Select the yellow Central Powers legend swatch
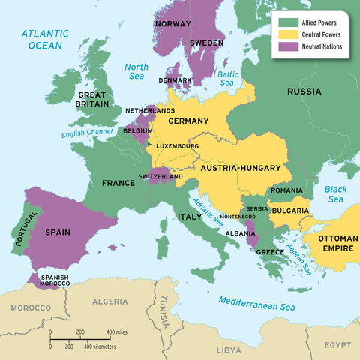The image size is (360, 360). coord(285,34)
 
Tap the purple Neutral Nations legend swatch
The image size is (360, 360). coord(285,46)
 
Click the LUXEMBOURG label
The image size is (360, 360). coord(177,145)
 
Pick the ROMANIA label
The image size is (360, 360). coord(287,191)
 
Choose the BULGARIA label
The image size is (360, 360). coord(291,211)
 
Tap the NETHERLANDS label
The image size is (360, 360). coord(149,110)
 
